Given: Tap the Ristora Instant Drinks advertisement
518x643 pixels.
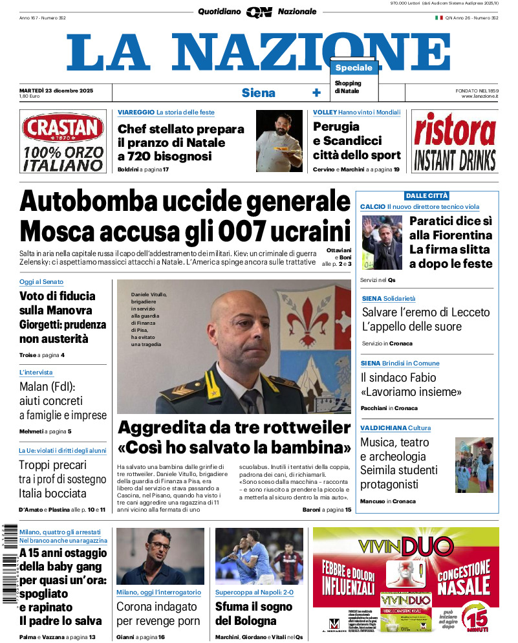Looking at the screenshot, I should click(455, 141).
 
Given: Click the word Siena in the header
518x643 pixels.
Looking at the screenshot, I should click(258, 93).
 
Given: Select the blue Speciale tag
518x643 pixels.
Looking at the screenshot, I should click(354, 67).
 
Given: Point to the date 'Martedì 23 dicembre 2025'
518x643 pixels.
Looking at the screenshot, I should click(56, 90).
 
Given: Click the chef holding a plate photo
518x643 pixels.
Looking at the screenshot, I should click(279, 140).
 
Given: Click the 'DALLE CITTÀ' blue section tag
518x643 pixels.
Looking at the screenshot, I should click(427, 195).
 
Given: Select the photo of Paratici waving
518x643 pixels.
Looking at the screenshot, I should click(382, 243).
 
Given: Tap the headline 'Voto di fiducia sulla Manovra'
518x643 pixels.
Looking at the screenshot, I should click(58, 303).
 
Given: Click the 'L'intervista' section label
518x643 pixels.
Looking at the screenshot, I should click(36, 373).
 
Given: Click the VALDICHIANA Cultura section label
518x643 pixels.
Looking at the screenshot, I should click(396, 428).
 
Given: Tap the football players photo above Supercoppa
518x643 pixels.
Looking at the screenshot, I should click(259, 556).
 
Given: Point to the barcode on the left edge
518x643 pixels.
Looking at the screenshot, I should click(8, 563).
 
